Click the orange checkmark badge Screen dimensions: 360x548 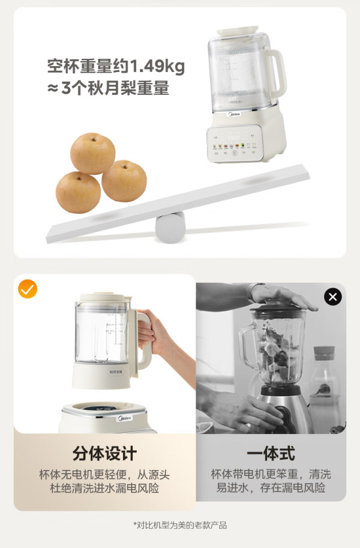click(28, 289)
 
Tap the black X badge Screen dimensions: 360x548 click(333, 297)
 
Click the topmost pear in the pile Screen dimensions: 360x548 click(92, 154)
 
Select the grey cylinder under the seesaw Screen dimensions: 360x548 click(170, 227)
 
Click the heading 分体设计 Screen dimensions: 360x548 click(104, 453)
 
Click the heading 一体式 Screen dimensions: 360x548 click(271, 453)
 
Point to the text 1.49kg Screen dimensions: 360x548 click(157, 66)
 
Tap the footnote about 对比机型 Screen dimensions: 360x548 click(180, 525)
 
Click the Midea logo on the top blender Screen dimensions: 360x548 click(235, 114)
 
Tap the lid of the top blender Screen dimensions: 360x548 click(238, 31)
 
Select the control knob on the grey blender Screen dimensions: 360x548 click(283, 415)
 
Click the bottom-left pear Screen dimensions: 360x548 click(78, 193)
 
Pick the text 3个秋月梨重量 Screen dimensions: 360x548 click(115, 88)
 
